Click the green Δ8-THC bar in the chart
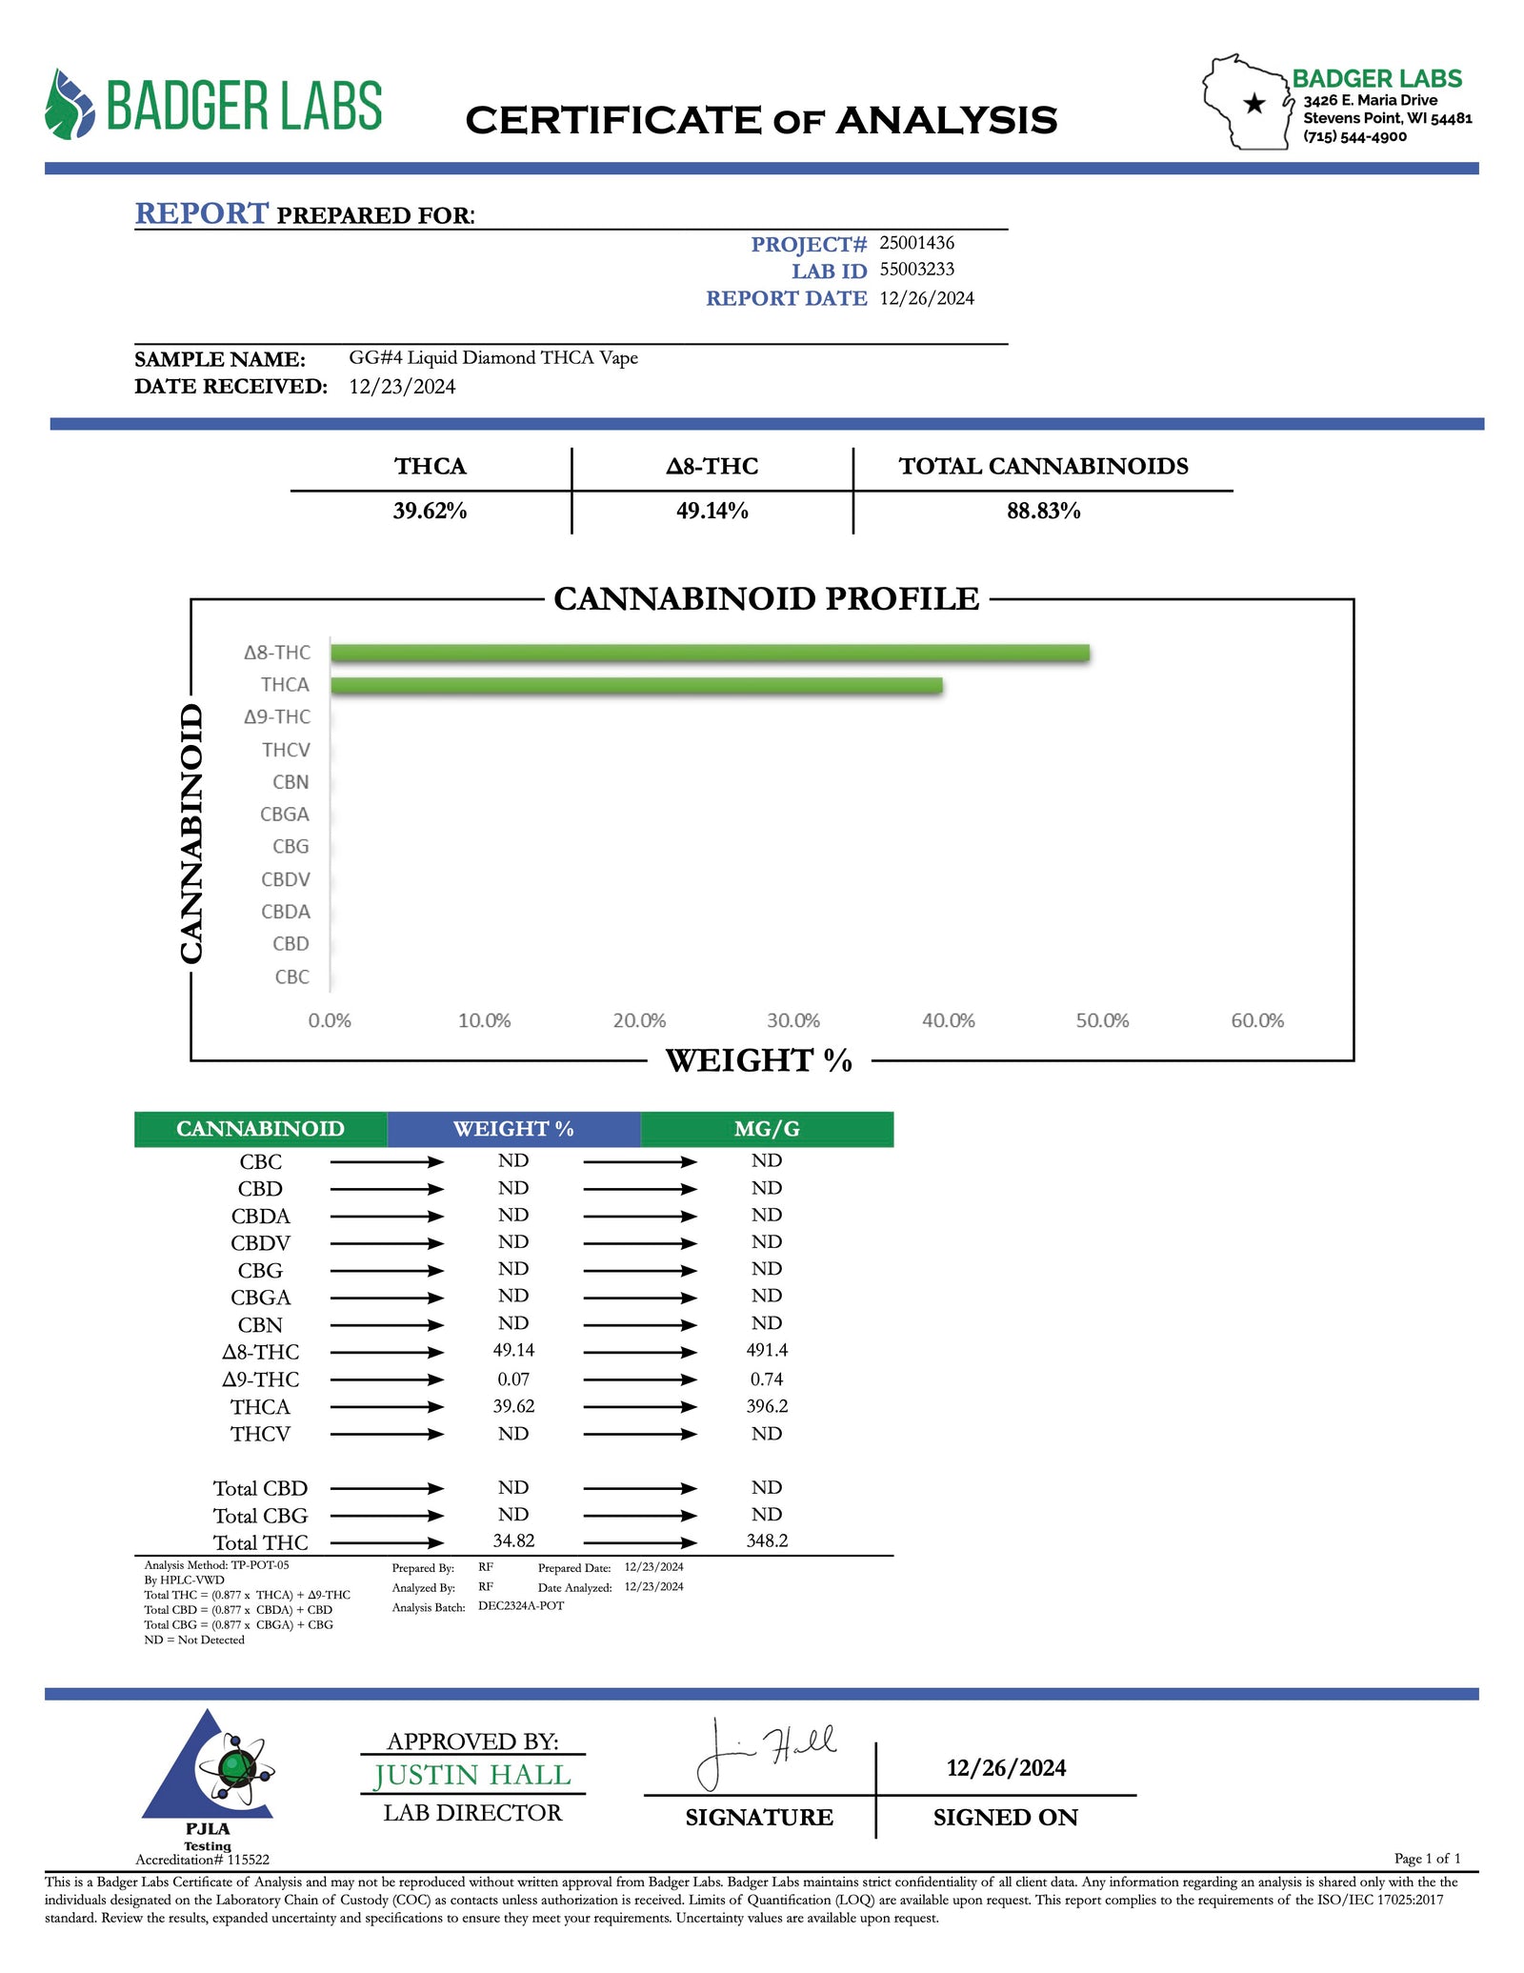(710, 653)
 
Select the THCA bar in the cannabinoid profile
(636, 685)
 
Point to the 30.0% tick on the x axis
(793, 1020)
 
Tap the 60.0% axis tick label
(1257, 1020)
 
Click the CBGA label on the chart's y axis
(285, 815)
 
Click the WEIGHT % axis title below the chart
(758, 1060)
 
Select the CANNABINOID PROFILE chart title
(766, 598)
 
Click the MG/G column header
(767, 1129)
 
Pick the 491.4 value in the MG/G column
(767, 1350)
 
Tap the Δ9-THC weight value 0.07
(513, 1379)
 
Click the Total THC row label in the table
(260, 1542)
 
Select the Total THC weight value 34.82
(513, 1540)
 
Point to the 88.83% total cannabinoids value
(1043, 511)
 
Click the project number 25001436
(916, 243)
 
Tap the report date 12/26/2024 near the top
(927, 298)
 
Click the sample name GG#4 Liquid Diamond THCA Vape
(493, 358)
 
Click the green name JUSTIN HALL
(472, 1776)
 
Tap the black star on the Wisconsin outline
(1254, 104)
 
